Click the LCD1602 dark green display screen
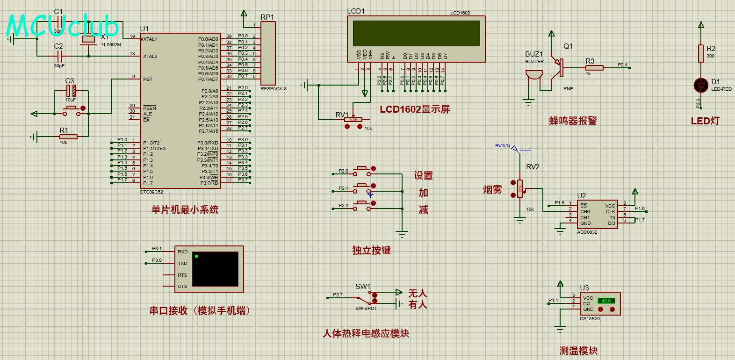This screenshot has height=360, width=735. tap(416, 33)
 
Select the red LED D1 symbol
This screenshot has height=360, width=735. tap(700, 85)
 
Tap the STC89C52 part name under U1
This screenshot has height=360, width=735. tap(151, 192)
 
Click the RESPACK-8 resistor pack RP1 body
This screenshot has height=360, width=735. tap(268, 53)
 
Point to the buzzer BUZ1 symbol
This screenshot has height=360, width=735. tap(534, 75)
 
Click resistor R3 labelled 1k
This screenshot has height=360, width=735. tap(594, 68)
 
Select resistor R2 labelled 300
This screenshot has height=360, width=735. tap(700, 53)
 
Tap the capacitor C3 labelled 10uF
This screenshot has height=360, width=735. tap(71, 90)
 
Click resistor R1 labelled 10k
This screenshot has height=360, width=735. tap(68, 137)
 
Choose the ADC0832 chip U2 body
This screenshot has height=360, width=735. tap(598, 215)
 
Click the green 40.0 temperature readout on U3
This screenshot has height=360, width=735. tap(606, 301)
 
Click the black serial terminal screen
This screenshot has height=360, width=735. tap(215, 269)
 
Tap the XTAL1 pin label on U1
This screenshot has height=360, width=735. tap(150, 39)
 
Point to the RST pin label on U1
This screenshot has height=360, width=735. tap(148, 79)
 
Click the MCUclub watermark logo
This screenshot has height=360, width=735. tap(62, 26)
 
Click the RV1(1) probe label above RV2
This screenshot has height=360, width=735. tap(502, 146)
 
